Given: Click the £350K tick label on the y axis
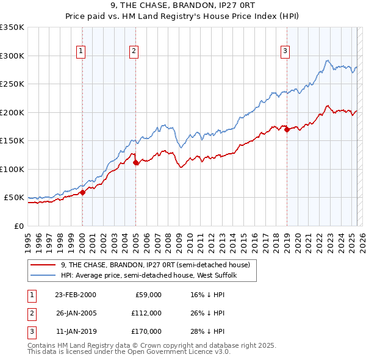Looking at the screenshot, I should (x=12, y=27).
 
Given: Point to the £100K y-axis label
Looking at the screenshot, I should (x=12, y=169).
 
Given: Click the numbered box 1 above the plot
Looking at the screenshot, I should (x=81, y=52).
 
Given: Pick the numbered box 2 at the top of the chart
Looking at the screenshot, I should (x=134, y=52).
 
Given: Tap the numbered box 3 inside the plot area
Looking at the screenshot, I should (x=285, y=52).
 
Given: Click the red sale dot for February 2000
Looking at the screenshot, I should (x=82, y=192).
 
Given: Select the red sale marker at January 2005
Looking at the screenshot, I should (x=136, y=162).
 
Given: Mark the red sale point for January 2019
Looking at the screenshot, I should (x=286, y=129).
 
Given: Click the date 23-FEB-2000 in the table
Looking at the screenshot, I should (x=75, y=295).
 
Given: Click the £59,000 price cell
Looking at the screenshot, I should (x=148, y=295).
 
